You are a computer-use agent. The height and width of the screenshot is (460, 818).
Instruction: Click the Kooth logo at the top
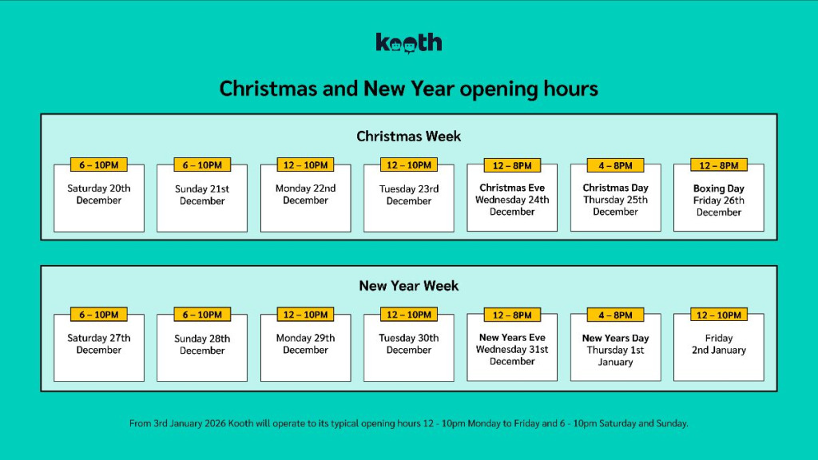408,43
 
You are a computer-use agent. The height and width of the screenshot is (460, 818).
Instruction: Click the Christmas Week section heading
408,137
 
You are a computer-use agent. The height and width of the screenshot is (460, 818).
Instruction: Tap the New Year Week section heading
408,286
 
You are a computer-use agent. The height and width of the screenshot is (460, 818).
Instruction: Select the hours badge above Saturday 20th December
99,165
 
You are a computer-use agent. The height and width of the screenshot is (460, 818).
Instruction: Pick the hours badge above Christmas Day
615,165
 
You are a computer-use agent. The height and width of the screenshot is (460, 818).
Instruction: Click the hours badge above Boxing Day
719,165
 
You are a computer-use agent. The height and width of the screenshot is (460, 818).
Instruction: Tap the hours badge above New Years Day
615,315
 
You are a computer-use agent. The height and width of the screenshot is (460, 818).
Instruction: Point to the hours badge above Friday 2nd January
719,315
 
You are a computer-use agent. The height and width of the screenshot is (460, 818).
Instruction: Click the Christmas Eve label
512,188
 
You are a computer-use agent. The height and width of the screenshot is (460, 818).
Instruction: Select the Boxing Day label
719,189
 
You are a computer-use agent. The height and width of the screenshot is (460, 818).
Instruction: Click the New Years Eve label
512,338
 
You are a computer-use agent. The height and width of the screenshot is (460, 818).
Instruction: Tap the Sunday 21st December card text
202,195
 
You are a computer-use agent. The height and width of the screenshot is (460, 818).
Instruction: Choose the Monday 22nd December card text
306,195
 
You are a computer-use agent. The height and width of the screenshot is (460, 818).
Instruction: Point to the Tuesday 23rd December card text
409,195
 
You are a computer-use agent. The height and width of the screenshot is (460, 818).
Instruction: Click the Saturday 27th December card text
99,344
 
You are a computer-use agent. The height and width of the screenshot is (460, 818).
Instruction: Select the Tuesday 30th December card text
409,344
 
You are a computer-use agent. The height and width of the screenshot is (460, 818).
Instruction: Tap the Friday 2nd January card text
719,344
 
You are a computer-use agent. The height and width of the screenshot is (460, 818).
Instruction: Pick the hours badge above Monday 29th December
306,315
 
